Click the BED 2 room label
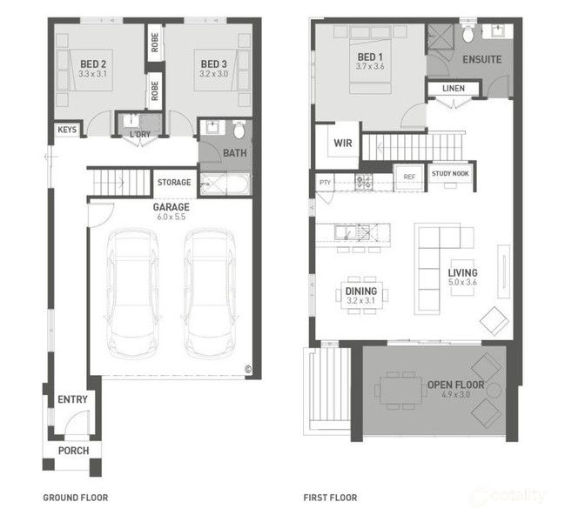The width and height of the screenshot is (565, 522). pos(93,64)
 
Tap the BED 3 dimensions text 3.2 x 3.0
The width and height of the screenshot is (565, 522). pos(213,74)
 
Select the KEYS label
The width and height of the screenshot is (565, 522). pos(67,130)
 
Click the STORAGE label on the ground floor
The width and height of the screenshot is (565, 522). pos(174,182)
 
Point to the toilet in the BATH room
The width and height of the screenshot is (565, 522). pos(239,130)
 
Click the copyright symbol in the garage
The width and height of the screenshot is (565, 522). pos(248,369)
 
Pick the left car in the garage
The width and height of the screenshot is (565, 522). pos(133,293)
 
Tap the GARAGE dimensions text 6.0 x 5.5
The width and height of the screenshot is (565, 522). pos(172,217)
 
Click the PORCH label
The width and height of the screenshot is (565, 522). pos(73,451)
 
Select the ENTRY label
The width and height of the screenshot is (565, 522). pos(73,399)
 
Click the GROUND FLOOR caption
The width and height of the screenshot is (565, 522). pos(76,498)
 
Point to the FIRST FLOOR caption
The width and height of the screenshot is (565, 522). pos(330,498)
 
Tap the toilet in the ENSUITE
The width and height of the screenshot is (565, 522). pos(467,33)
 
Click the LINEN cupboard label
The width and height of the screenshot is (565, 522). pos(454,88)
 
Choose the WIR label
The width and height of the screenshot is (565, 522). pos(343,143)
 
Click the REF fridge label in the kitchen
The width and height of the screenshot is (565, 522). pos(409,177)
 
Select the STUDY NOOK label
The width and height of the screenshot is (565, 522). pos(450,173)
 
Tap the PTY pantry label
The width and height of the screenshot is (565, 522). pos(325,182)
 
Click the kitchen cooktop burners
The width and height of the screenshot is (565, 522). pos(364,182)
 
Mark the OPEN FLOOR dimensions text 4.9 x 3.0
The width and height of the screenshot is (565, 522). pos(456,394)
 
